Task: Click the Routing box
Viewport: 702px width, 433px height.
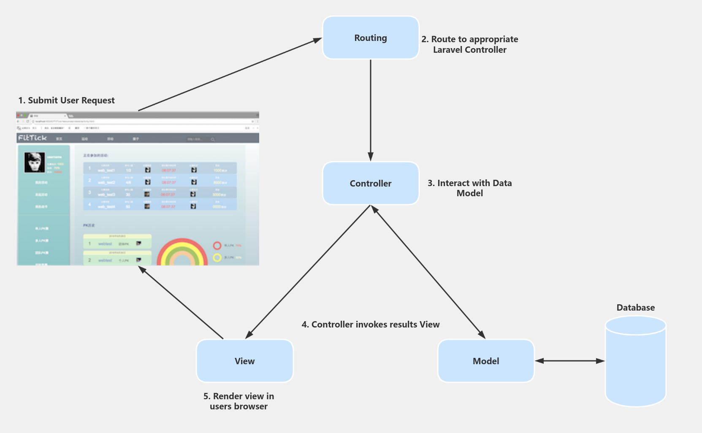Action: pyautogui.click(x=371, y=38)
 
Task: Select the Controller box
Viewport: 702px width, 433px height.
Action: pyautogui.click(x=371, y=183)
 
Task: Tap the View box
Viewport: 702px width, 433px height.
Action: pyautogui.click(x=244, y=361)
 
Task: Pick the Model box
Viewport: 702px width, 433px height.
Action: pyautogui.click(x=486, y=361)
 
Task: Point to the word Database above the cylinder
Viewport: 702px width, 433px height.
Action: pyautogui.click(x=635, y=308)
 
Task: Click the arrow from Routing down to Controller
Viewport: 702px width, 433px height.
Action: pyautogui.click(x=371, y=110)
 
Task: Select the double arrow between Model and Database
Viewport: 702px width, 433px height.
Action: pyautogui.click(x=569, y=361)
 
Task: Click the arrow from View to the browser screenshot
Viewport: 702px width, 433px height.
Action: pyautogui.click(x=182, y=303)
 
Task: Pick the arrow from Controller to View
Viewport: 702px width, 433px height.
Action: pyautogui.click(x=308, y=272)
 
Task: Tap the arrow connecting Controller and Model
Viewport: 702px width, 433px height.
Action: pyautogui.click(x=428, y=272)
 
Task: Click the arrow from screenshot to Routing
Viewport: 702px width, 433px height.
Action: pyautogui.click(x=230, y=74)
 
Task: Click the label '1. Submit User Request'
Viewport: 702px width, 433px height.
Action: pyautogui.click(x=66, y=100)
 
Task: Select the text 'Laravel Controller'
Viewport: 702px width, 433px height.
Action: pyautogui.click(x=469, y=50)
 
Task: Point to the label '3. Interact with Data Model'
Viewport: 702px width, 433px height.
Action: pyautogui.click(x=469, y=188)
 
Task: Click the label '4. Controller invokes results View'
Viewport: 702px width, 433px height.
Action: pyautogui.click(x=371, y=325)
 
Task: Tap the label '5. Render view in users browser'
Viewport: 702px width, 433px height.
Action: pyautogui.click(x=239, y=401)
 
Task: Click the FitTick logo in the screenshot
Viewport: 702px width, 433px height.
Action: pyautogui.click(x=33, y=138)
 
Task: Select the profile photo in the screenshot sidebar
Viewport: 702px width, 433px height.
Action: pyautogui.click(x=35, y=162)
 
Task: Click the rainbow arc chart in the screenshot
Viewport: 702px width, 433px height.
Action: pyautogui.click(x=182, y=253)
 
